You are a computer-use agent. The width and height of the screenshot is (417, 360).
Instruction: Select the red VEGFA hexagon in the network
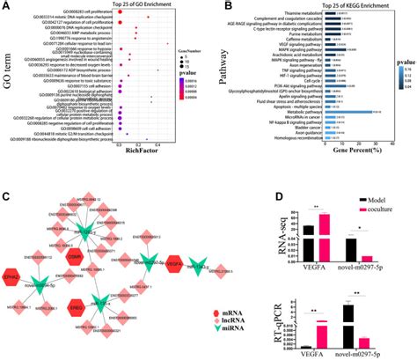[171, 237]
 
